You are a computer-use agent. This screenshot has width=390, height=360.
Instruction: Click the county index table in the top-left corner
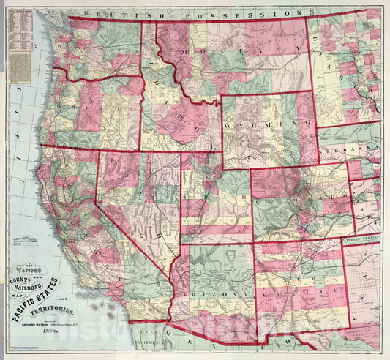pyautogui.click(x=21, y=29)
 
